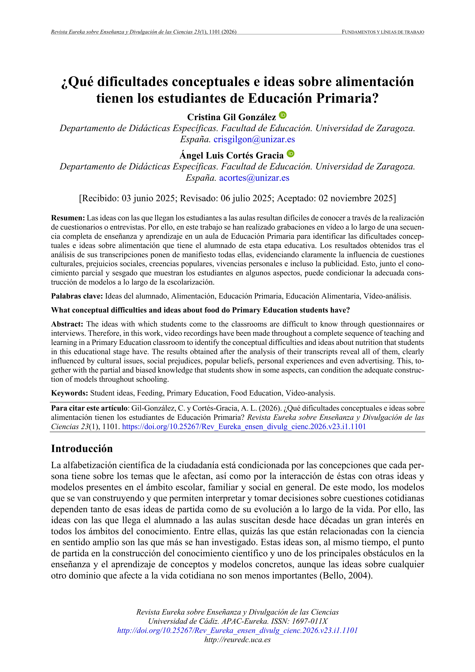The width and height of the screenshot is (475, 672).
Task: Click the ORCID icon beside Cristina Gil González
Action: (x=283, y=115)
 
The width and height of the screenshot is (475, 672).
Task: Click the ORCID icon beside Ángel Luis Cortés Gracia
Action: (x=290, y=154)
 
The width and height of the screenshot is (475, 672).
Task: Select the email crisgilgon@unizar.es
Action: (x=254, y=139)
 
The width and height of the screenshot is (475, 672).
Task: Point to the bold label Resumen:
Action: (x=68, y=218)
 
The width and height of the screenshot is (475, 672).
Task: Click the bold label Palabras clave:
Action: (x=77, y=296)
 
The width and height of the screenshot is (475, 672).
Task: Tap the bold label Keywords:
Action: (x=69, y=393)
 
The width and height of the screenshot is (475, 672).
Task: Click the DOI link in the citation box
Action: (x=244, y=427)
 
